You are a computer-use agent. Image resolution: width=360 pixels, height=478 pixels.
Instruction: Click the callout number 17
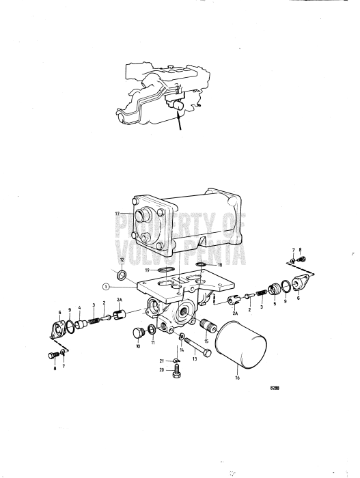pos(117,213)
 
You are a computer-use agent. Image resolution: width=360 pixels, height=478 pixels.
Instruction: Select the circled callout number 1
pos(107,287)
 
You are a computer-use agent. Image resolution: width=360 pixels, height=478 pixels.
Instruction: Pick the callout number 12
pos(122,260)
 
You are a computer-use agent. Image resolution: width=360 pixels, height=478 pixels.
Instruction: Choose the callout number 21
pos(162,361)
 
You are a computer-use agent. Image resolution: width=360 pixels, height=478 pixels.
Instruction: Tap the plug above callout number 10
pos(137,333)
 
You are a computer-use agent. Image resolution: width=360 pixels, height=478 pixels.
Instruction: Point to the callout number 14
pos(182,350)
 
